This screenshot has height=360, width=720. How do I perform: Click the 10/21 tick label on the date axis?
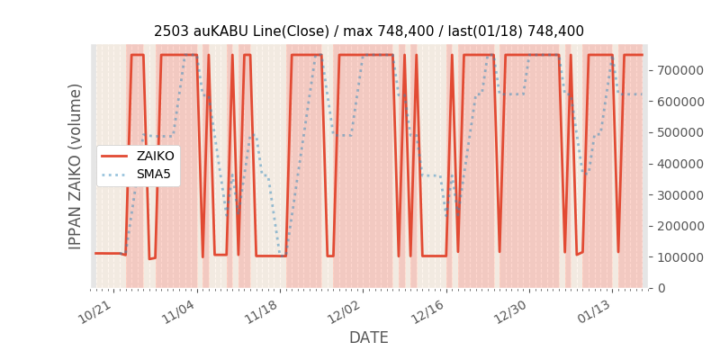(94, 311)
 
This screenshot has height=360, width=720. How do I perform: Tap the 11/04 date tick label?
(177, 311)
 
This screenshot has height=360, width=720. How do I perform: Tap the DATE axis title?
(369, 338)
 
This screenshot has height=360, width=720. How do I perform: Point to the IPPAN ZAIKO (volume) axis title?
(76, 166)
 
